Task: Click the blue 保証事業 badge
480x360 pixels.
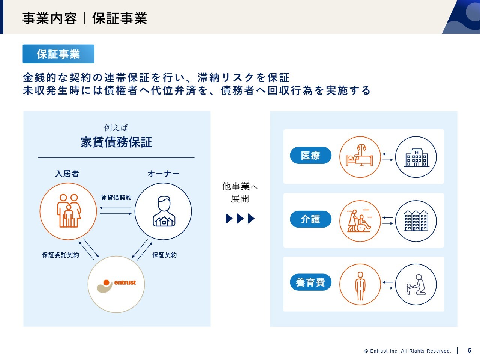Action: tap(58, 54)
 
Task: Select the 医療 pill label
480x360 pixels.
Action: tap(310, 155)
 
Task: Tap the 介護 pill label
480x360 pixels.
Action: tap(310, 219)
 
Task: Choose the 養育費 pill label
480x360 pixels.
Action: tap(310, 282)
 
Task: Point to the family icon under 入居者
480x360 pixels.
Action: tap(69, 211)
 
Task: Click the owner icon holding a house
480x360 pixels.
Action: tap(164, 211)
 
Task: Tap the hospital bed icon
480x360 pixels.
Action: tap(360, 156)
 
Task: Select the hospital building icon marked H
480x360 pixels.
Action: tap(416, 158)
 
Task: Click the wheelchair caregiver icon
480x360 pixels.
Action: tap(359, 221)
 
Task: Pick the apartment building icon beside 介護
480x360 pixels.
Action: tap(416, 221)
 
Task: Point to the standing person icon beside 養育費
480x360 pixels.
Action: tap(360, 286)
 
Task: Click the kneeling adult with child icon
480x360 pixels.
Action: tap(416, 285)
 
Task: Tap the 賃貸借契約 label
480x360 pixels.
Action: tap(116, 198)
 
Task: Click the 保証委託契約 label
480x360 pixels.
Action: tap(61, 255)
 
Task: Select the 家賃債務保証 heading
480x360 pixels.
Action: tap(116, 142)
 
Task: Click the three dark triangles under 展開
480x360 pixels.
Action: tap(240, 219)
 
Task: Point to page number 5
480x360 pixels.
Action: tap(469, 350)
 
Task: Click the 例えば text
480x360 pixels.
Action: tap(116, 127)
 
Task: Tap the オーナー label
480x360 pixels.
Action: tap(163, 174)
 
